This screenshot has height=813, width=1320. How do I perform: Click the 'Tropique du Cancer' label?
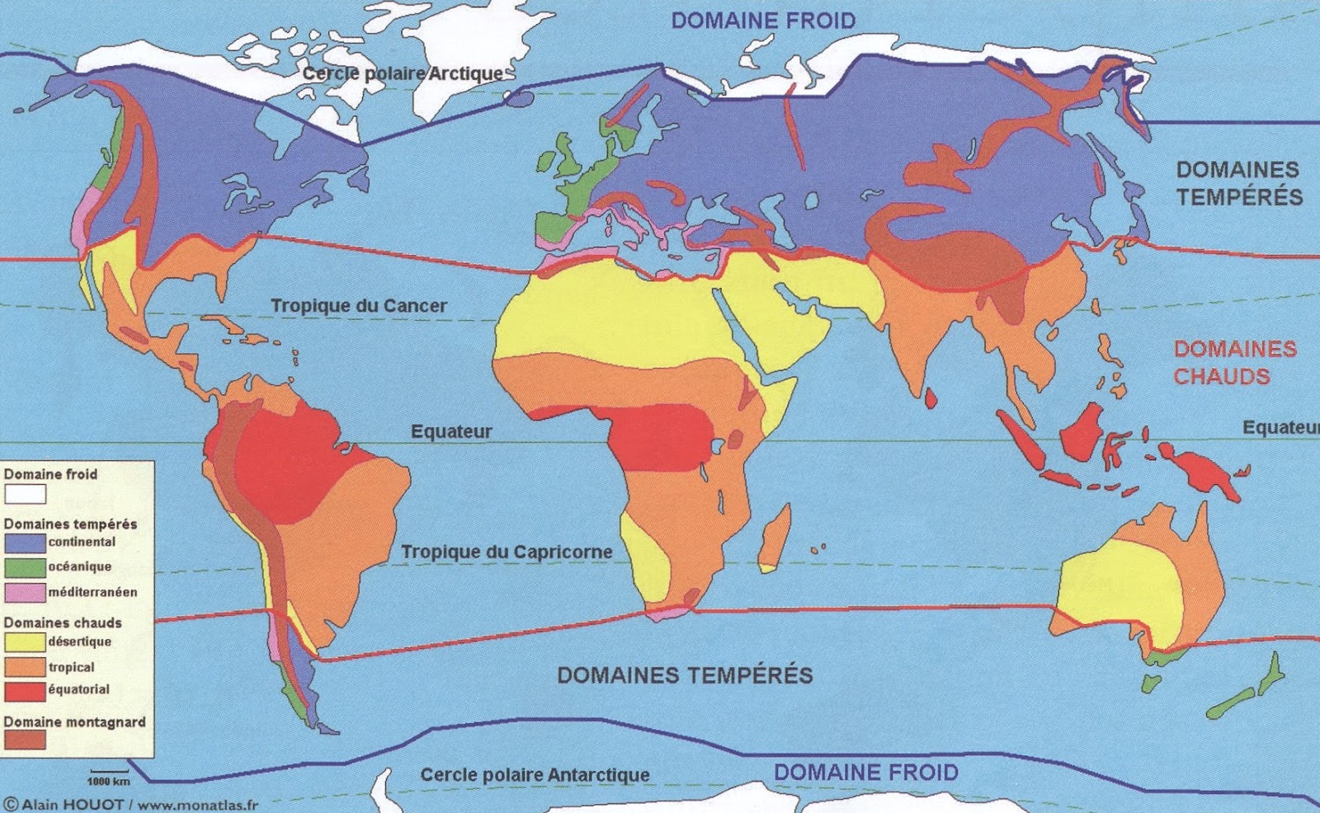[x=359, y=306]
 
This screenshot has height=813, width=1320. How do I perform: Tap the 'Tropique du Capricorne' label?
[x=507, y=552]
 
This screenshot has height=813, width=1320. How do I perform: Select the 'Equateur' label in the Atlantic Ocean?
[x=451, y=431]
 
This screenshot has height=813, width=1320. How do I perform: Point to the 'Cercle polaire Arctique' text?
[x=403, y=73]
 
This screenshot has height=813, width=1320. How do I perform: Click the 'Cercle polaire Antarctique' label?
[x=535, y=775]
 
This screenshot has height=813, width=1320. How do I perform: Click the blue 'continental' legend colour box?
[x=25, y=543]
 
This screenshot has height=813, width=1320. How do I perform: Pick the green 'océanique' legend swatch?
[x=25, y=567]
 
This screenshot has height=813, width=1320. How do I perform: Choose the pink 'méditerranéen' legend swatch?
[x=25, y=592]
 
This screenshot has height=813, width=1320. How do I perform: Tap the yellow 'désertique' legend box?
[x=25, y=641]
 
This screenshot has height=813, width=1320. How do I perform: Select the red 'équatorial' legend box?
[x=25, y=691]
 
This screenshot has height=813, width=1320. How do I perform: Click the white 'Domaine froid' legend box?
[x=25, y=494]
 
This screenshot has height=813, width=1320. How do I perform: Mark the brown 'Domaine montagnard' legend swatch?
[x=25, y=740]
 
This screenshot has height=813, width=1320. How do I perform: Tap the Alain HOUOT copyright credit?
[x=132, y=804]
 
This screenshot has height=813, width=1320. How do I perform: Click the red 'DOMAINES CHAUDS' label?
[x=1234, y=363]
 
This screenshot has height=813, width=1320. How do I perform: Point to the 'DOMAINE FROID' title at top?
[x=763, y=21]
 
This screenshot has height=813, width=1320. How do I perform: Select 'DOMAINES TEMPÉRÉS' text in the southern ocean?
[x=685, y=675]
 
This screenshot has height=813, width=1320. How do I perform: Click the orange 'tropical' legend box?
[x=25, y=666]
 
